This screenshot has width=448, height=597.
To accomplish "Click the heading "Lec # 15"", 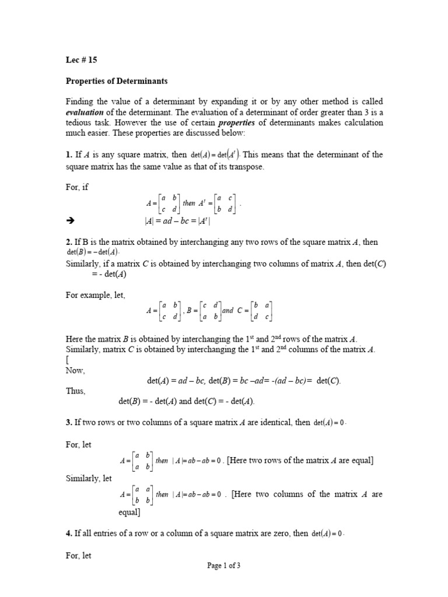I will pyautogui.click(x=82, y=59).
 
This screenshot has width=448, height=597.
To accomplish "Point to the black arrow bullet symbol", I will pyautogui.click(x=71, y=221).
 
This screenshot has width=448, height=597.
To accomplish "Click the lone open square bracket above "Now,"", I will pyautogui.click(x=67, y=360).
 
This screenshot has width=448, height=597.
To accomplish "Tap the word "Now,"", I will pyautogui.click(x=76, y=370).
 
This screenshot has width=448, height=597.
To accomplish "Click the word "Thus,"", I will pyautogui.click(x=76, y=391).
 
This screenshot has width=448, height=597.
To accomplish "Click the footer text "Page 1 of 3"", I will pyautogui.click(x=224, y=565).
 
